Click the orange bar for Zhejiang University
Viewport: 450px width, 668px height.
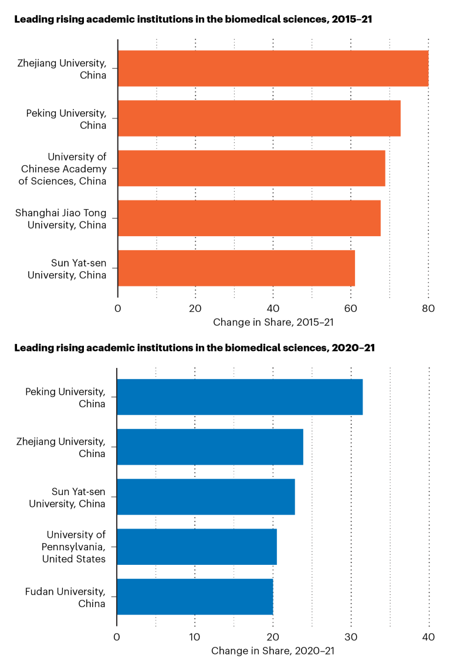(273, 69)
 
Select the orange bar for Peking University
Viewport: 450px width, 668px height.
(259, 118)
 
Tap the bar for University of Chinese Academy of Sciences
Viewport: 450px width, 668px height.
(252, 168)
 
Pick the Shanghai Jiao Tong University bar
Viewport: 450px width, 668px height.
(249, 218)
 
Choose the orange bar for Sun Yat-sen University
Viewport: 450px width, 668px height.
(236, 268)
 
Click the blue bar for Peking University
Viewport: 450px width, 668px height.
(240, 397)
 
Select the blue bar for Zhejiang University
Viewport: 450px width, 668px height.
(210, 447)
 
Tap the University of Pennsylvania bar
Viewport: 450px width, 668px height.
(197, 547)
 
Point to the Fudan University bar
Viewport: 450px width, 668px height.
(195, 597)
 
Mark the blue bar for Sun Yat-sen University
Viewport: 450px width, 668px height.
(206, 497)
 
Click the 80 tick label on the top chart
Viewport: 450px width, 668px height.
(428, 309)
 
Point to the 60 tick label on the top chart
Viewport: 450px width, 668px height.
(350, 309)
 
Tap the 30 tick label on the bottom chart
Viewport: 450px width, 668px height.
(351, 638)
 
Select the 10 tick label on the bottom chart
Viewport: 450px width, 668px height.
(195, 638)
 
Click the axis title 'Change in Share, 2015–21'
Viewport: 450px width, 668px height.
(273, 322)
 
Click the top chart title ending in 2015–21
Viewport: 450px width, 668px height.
(193, 19)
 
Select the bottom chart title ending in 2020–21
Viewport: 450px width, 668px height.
(194, 347)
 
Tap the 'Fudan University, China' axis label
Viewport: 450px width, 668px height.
(66, 597)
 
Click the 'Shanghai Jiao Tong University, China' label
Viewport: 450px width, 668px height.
(61, 218)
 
